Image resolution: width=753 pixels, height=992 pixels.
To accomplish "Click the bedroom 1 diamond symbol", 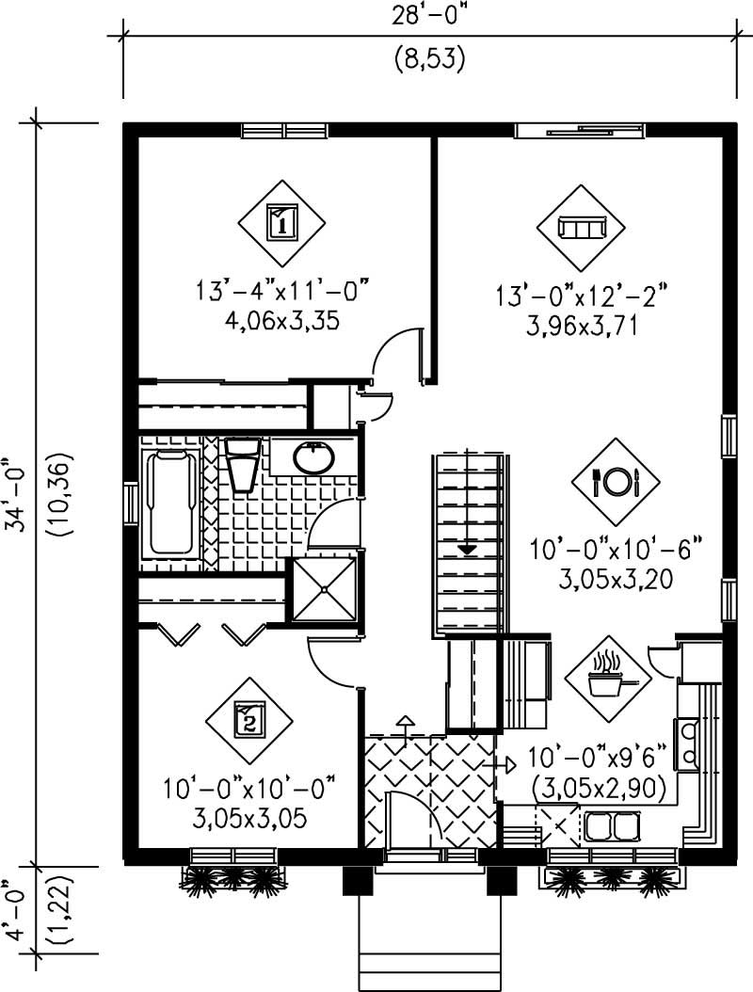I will (x=280, y=223).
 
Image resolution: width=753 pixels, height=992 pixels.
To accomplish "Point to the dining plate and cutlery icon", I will (x=616, y=482).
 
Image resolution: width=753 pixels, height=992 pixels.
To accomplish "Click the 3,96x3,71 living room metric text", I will (x=582, y=326).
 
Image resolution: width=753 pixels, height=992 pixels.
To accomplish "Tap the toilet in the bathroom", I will (x=243, y=463).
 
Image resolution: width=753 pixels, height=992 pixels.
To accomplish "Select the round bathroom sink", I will (x=312, y=458).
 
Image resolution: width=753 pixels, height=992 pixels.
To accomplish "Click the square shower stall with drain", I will (x=325, y=589).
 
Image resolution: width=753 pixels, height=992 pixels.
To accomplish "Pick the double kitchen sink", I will (x=613, y=826).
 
